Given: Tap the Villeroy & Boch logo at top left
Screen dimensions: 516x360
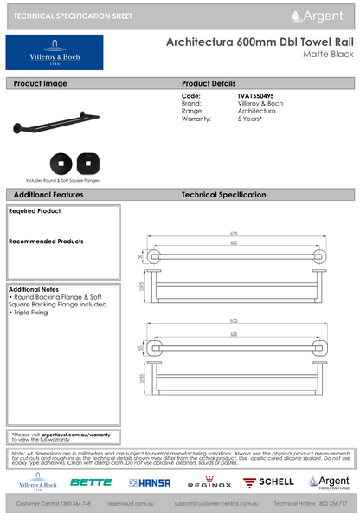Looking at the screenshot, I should [x=55, y=53].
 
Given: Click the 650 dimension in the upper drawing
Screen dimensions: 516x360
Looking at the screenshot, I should [x=233, y=234].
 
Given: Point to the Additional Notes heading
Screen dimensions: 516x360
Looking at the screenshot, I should [x=35, y=288].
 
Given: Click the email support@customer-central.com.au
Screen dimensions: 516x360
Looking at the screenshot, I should [x=217, y=503].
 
